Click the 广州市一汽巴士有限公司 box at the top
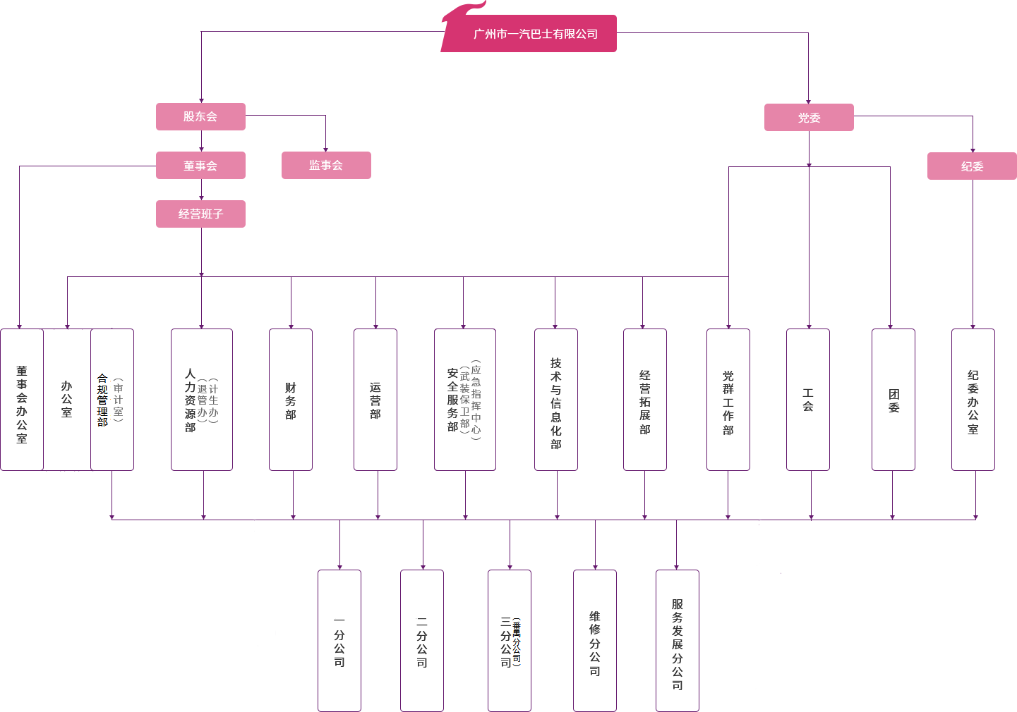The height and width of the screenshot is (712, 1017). coord(536,34)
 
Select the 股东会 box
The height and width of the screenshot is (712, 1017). coord(200,116)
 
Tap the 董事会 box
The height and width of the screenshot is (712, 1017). coord(200,166)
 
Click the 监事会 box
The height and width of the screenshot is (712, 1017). coord(326,165)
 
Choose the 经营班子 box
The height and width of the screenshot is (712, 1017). coord(200,214)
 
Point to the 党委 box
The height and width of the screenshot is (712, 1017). coord(809,118)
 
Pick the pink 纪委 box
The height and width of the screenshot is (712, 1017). coord(972,166)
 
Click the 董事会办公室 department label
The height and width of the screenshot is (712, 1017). coord(22,403)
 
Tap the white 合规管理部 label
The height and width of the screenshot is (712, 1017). coord(103,400)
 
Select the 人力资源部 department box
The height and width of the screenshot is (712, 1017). coord(201,400)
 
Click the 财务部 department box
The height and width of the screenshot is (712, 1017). coord(290,400)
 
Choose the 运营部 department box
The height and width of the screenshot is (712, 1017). coord(375,400)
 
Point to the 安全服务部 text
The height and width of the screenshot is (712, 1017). coord(452,400)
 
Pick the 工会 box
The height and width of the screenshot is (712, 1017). coord(808,400)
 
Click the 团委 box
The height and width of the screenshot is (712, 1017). coord(893,400)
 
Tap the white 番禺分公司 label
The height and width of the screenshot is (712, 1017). coord(517,642)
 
